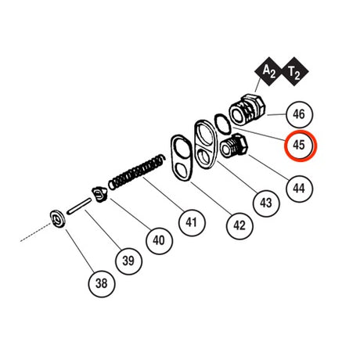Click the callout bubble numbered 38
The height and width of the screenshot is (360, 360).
click(x=102, y=283)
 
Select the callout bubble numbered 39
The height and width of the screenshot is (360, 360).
click(x=128, y=261)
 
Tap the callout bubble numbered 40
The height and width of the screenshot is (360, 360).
click(x=159, y=240)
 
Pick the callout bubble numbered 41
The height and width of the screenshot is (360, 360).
click(x=192, y=222)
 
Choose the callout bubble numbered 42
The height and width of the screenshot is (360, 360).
click(x=239, y=225)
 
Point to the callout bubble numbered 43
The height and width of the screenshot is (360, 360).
click(x=266, y=203)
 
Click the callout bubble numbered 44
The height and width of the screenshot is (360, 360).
click(x=299, y=189)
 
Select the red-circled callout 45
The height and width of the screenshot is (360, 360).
click(x=300, y=146)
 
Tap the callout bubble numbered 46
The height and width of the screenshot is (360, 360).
click(x=299, y=114)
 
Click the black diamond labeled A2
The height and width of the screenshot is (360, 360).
click(x=268, y=71)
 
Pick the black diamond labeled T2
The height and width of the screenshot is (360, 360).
click(x=294, y=71)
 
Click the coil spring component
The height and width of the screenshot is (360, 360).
click(x=137, y=172)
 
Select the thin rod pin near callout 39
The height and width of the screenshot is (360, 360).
click(x=79, y=207)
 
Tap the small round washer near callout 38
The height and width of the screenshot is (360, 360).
click(x=57, y=218)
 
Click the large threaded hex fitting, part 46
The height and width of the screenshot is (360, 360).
click(x=247, y=110)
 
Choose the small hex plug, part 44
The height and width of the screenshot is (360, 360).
click(x=234, y=146)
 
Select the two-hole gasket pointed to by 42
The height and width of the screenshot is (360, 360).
click(x=182, y=158)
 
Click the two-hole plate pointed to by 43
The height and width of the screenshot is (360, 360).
click(x=205, y=144)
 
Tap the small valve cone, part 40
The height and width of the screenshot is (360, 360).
click(x=99, y=194)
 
